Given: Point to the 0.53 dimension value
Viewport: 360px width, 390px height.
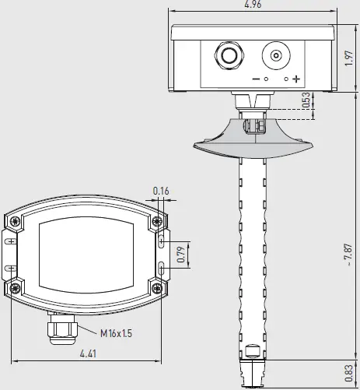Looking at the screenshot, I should [306, 100].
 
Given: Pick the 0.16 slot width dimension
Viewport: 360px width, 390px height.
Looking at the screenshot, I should [161, 191].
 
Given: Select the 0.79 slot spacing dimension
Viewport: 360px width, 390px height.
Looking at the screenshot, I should [181, 256].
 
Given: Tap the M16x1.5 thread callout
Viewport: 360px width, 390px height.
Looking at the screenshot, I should [116, 333].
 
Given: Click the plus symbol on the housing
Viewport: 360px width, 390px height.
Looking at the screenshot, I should [296, 79].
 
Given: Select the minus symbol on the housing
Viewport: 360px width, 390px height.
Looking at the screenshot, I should [256, 79].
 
